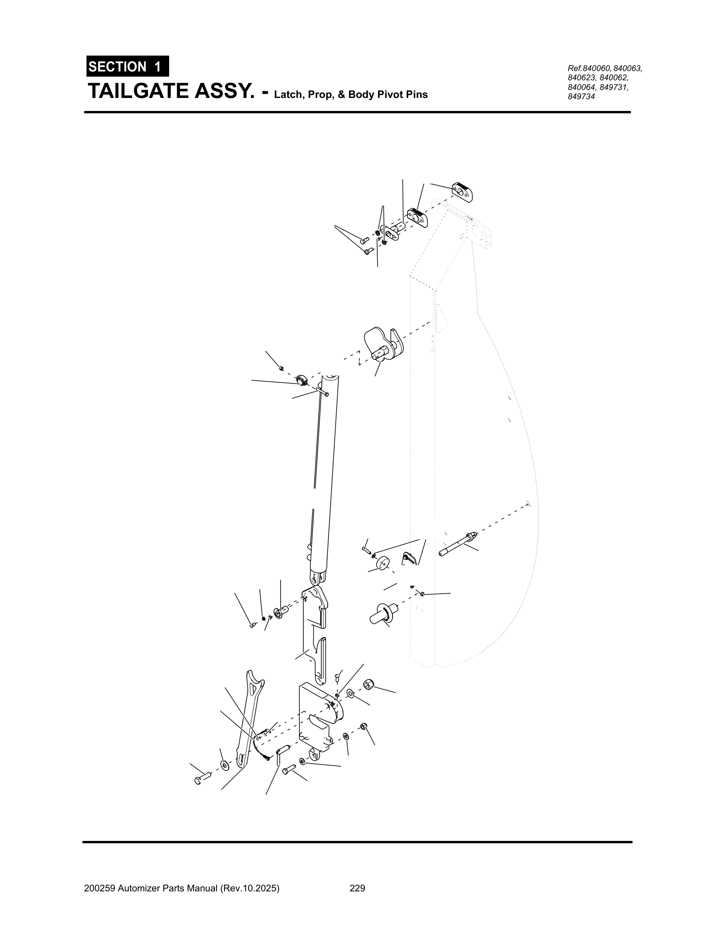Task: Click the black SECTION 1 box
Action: (127, 66)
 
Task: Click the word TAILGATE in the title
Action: (138, 91)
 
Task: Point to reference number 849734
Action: (581, 97)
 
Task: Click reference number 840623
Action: (582, 78)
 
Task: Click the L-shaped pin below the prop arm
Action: (281, 751)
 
